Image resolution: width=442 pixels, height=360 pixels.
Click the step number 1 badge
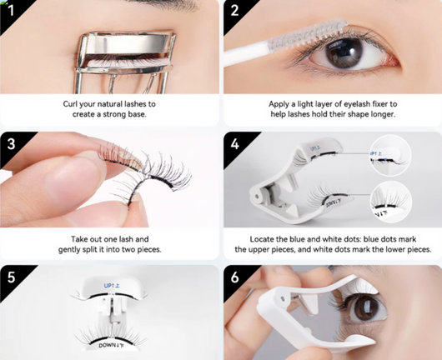pos(11,11)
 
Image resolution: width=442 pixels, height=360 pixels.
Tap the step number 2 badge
pos(234,11)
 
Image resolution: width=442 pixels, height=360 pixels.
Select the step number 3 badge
pos(11,142)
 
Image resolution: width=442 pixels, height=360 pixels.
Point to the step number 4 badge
pos(234,142)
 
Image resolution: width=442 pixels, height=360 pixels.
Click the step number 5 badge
pos(11,276)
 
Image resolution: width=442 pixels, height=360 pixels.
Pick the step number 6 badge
pos(234,276)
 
